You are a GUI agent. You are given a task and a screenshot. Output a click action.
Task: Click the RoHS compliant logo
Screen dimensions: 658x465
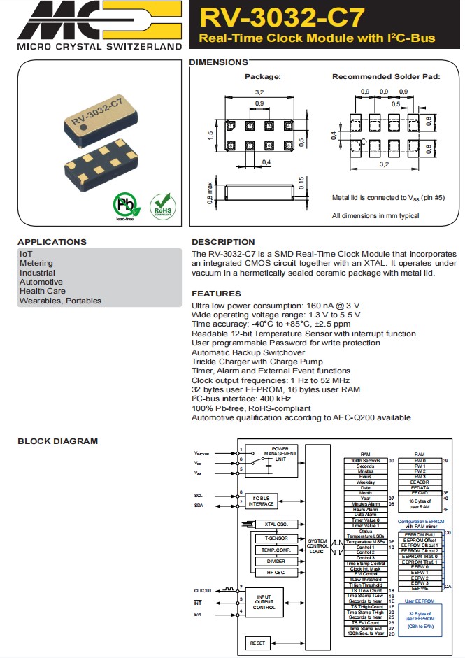[163, 206]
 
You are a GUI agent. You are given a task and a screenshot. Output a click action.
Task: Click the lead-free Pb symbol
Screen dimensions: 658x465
[126, 206]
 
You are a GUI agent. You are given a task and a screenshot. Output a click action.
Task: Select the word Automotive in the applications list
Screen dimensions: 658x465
[41, 282]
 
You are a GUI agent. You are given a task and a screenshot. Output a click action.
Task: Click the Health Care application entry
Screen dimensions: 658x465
[43, 291]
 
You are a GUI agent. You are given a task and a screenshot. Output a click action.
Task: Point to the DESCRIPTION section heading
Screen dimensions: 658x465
[223, 242]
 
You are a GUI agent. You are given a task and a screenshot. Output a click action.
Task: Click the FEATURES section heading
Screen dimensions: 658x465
[216, 294]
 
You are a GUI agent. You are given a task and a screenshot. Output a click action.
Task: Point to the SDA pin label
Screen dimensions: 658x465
[200, 505]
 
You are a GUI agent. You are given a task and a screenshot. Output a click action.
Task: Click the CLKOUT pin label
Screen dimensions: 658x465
[203, 590]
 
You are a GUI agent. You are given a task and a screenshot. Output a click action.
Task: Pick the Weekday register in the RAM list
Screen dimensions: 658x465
[365, 482]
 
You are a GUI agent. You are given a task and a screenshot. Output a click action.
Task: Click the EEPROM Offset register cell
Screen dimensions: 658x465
[420, 540]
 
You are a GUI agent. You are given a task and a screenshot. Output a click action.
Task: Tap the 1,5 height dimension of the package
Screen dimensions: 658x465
[210, 134]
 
